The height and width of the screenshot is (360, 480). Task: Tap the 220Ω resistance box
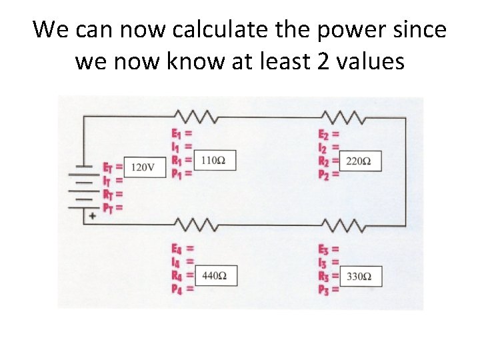pos(361,161)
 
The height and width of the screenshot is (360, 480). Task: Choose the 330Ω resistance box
pos(361,275)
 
